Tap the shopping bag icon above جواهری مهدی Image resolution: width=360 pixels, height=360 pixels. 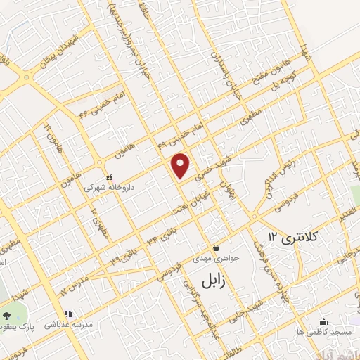216,247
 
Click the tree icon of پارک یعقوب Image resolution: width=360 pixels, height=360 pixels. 7,315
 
